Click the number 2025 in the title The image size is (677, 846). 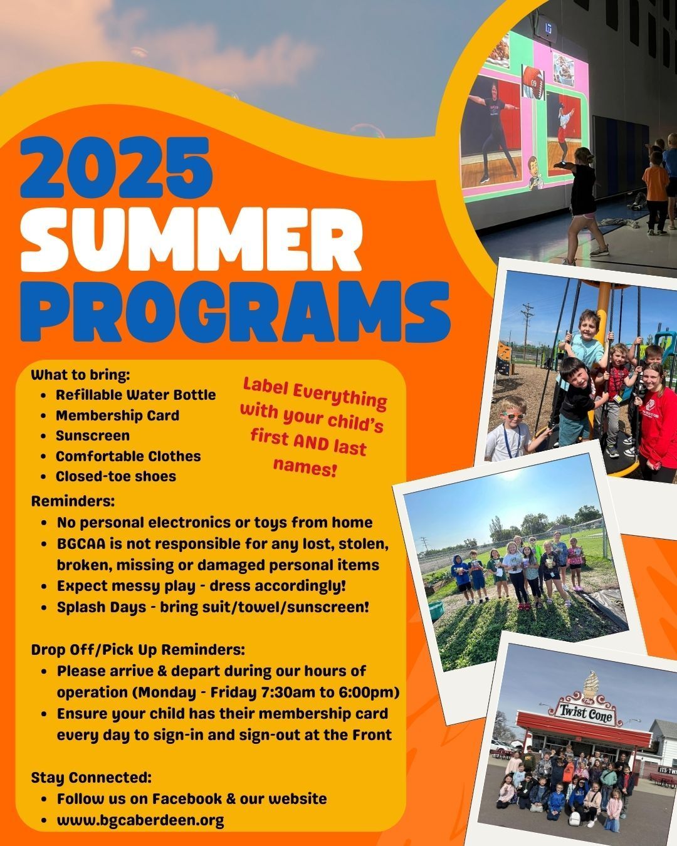pyautogui.click(x=117, y=168)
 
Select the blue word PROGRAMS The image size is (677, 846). pyautogui.click(x=235, y=311)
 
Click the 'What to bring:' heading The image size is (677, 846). pyautogui.click(x=81, y=375)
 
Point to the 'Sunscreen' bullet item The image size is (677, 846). pyautogui.click(x=93, y=436)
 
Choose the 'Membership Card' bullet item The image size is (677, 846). pyautogui.click(x=118, y=415)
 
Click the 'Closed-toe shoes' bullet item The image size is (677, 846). pyautogui.click(x=116, y=476)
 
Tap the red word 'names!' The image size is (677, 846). pyautogui.click(x=305, y=467)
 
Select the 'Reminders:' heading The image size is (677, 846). pyautogui.click(x=73, y=501)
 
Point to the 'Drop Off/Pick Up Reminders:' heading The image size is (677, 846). pyautogui.click(x=138, y=650)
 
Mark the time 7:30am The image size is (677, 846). pyautogui.click(x=288, y=692)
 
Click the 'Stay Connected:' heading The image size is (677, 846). pyautogui.click(x=92, y=778)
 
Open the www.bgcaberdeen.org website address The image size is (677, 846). pyautogui.click(x=140, y=821)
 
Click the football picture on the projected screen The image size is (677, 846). pyautogui.click(x=534, y=82)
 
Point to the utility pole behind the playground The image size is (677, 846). pyautogui.click(x=527, y=331)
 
